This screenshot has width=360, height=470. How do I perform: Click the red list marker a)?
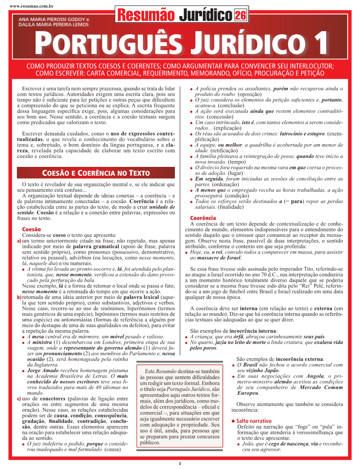pyautogui.click(x=19, y=241)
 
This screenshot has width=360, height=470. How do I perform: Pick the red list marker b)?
pyautogui.click(x=19, y=297)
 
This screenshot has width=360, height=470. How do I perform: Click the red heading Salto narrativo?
pyautogui.click(x=253, y=421)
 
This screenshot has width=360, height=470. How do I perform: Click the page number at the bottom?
pyautogui.click(x=180, y=463)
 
